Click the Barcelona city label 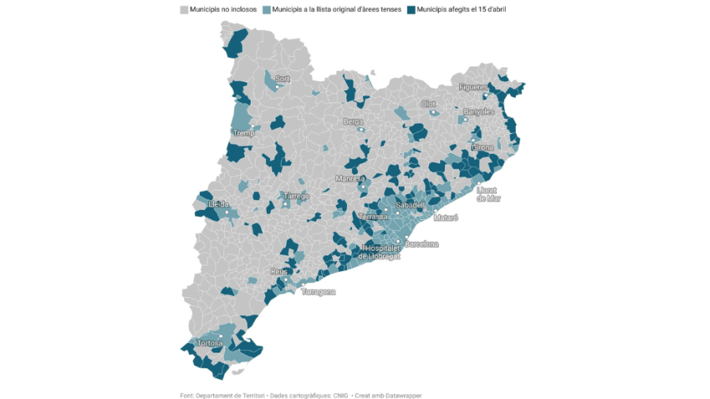coord(422,244)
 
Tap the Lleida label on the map coord(218,204)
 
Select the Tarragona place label coord(318,292)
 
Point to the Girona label coord(482,147)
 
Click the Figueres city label coord(473,87)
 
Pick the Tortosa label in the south coord(209,344)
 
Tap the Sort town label coord(282,79)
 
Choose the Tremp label coord(243,134)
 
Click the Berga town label coord(353,122)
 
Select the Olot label coord(428,104)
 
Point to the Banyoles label coord(478,112)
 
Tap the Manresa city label coord(350,179)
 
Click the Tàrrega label coord(296,196)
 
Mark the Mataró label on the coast coord(445,218)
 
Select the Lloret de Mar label coord(488,194)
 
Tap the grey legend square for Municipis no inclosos coord(184,9)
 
